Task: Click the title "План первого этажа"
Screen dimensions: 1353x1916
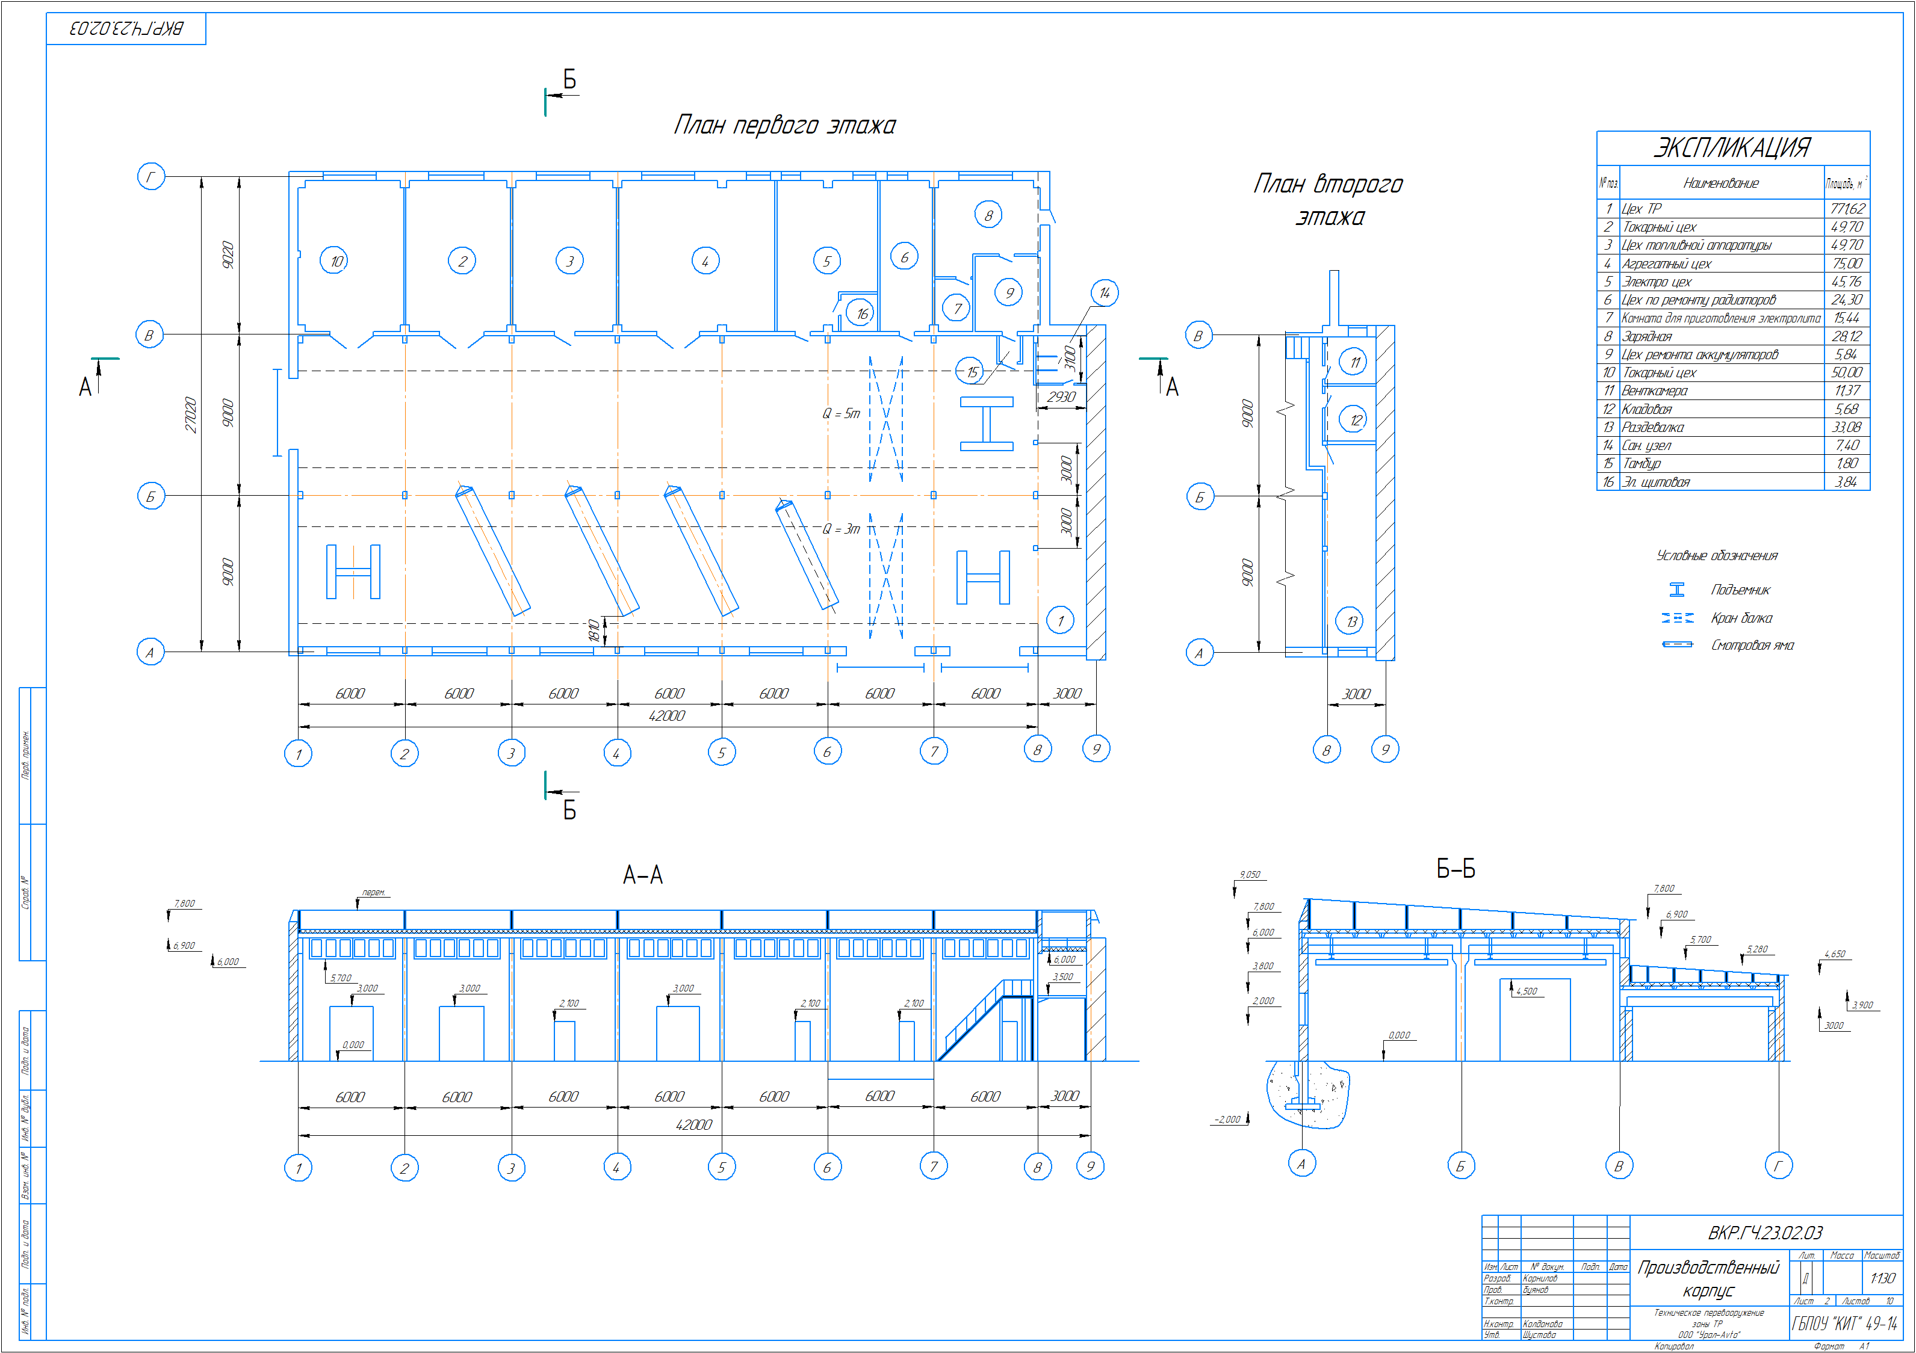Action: tap(784, 125)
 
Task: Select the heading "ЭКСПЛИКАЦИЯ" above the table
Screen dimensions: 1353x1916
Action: tap(1732, 147)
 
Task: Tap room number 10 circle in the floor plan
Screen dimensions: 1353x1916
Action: tap(335, 261)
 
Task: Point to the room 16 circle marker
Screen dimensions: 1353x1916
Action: tap(861, 313)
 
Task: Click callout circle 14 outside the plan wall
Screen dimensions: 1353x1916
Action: tap(1104, 293)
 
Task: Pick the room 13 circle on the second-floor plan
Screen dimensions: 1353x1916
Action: tap(1351, 621)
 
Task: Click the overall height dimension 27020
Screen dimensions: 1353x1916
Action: tap(191, 415)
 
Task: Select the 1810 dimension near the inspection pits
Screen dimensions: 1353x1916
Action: tap(594, 630)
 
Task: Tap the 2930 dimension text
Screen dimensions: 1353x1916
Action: tap(1061, 397)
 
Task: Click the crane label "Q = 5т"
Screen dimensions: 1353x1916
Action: tap(840, 414)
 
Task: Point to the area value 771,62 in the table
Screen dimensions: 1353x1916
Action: tap(1847, 209)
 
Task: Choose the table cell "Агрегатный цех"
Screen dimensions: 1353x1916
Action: tap(1666, 264)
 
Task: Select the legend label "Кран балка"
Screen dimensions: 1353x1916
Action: tap(1741, 618)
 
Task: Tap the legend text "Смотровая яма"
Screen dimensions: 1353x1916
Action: tap(1752, 645)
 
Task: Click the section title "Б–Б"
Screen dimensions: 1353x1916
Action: tap(1456, 869)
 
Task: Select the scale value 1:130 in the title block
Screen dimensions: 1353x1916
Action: tap(1882, 1278)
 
